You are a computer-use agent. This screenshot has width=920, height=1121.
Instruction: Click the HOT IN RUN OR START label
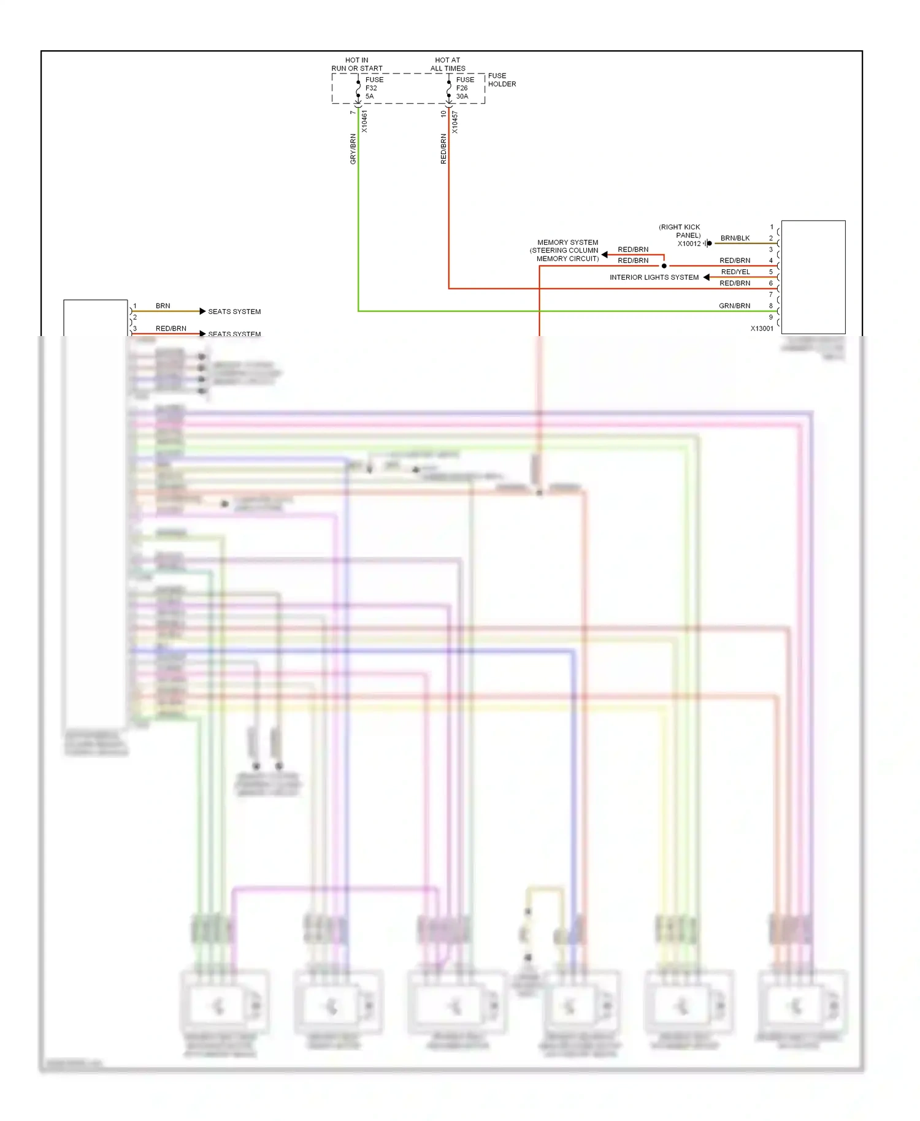tap(357, 64)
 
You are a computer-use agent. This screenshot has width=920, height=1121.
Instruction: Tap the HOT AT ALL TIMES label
tap(448, 64)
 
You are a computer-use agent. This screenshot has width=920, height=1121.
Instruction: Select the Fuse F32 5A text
tap(374, 88)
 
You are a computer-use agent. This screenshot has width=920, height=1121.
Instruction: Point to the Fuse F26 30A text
tap(465, 88)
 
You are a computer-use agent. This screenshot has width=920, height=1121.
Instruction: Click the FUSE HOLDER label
tap(502, 80)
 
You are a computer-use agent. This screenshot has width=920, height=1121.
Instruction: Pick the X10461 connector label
tap(364, 121)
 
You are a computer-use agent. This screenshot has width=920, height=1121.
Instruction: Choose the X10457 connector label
tap(455, 122)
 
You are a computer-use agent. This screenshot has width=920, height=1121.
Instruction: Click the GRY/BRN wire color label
tap(353, 149)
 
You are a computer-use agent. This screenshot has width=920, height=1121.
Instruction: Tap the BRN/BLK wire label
tap(735, 238)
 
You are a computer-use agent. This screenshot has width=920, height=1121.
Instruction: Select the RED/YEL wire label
tap(735, 272)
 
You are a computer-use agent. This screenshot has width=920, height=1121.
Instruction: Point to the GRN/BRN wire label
tap(734, 305)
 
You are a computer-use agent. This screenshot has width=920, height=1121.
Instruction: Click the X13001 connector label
tap(762, 329)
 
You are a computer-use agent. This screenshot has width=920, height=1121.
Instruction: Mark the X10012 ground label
tap(689, 243)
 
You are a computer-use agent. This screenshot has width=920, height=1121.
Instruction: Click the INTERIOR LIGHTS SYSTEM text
tap(654, 277)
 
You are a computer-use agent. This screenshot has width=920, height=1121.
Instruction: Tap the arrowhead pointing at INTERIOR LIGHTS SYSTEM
tap(707, 277)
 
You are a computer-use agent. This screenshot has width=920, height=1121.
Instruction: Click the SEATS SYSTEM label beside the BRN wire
tap(234, 312)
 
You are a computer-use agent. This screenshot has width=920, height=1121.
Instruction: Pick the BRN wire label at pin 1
tap(163, 305)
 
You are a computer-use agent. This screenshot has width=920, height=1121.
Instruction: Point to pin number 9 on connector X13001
tap(771, 317)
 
